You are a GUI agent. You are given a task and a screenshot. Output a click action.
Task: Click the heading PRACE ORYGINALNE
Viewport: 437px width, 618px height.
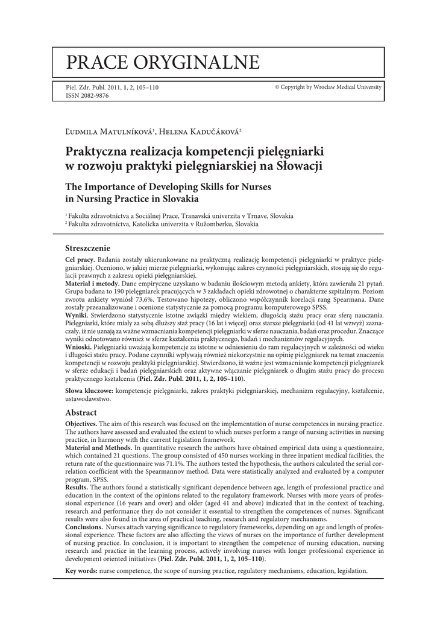[163, 62]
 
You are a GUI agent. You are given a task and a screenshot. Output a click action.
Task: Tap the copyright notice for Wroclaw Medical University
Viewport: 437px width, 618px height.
[329, 87]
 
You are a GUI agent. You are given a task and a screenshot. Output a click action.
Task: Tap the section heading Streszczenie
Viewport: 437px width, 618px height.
[87, 247]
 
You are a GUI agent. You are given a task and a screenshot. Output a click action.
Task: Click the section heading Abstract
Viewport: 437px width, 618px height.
[81, 413]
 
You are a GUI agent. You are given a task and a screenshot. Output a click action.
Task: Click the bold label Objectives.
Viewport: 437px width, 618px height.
[81, 424]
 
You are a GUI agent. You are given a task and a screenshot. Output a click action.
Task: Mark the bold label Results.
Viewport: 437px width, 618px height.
[77, 487]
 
